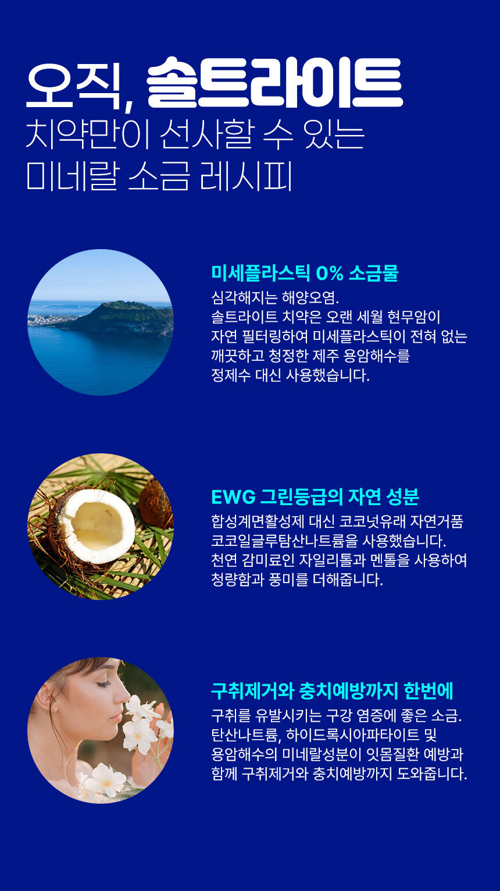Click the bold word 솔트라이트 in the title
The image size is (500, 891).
(274, 82)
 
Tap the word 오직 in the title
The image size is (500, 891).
(73, 85)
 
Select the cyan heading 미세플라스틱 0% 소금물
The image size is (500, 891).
(305, 274)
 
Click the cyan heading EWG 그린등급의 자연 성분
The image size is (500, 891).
(315, 496)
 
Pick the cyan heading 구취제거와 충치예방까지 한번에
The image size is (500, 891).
(332, 691)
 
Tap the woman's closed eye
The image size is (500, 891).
(103, 684)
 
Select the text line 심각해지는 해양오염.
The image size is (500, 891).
(275, 297)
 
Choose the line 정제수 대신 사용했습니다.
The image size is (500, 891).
(290, 375)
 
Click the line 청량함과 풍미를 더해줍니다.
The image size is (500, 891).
(297, 580)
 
